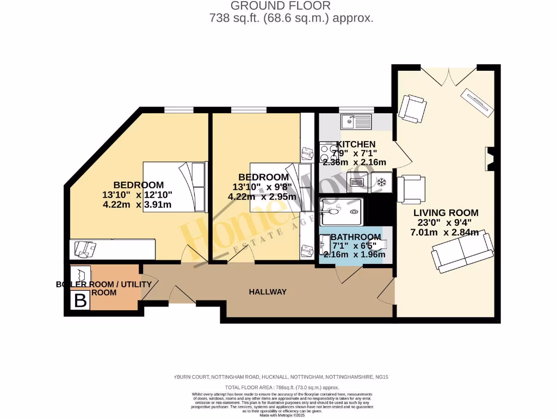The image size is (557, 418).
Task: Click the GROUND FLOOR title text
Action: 280,6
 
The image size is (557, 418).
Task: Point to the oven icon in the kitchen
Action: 358,183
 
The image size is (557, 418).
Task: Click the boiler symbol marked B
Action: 80,300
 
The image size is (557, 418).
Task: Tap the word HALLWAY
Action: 268,292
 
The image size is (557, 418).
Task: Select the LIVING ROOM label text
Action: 445,213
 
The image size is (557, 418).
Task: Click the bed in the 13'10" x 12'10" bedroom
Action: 175,187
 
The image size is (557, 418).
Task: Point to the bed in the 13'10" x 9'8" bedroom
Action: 275,188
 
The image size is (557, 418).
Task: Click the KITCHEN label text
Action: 356,144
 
